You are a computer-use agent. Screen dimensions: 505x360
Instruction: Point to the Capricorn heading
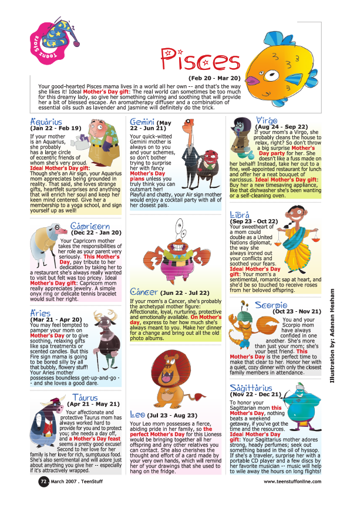(90, 227)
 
